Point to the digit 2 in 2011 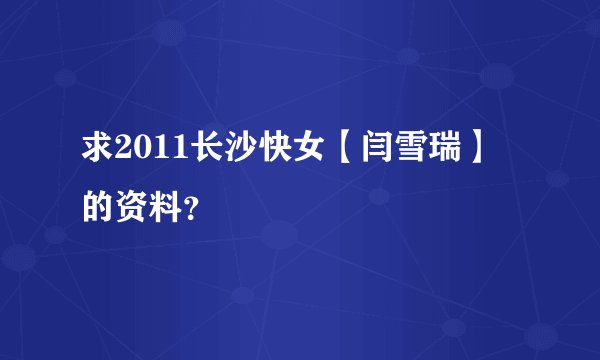click(123, 151)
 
